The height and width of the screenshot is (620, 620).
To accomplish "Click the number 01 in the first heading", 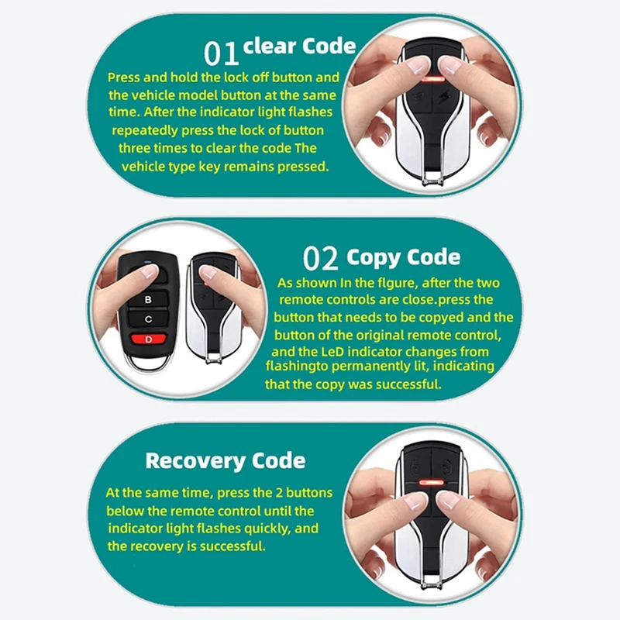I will (x=222, y=53).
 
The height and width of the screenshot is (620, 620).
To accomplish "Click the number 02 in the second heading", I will (x=322, y=259).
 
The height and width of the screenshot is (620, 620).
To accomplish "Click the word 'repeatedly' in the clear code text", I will (x=144, y=130).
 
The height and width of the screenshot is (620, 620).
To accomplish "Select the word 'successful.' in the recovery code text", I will (x=231, y=546).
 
